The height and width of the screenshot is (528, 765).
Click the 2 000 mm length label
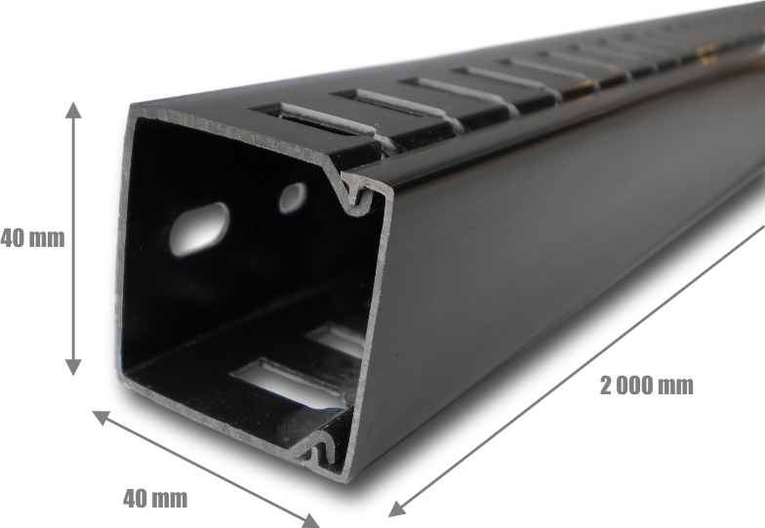click(x=646, y=386)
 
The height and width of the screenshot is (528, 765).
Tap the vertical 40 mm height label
click(x=32, y=238)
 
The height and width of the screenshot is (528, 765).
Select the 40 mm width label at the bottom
click(x=155, y=498)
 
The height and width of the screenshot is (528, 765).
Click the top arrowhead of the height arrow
click(x=73, y=109)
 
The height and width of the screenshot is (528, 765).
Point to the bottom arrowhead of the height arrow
click(x=73, y=367)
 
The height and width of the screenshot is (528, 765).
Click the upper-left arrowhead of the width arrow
click(x=101, y=418)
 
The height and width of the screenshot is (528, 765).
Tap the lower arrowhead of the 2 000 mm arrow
click(x=396, y=509)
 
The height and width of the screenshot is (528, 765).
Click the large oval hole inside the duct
click(x=199, y=228)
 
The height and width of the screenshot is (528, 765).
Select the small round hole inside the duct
click(x=293, y=197)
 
